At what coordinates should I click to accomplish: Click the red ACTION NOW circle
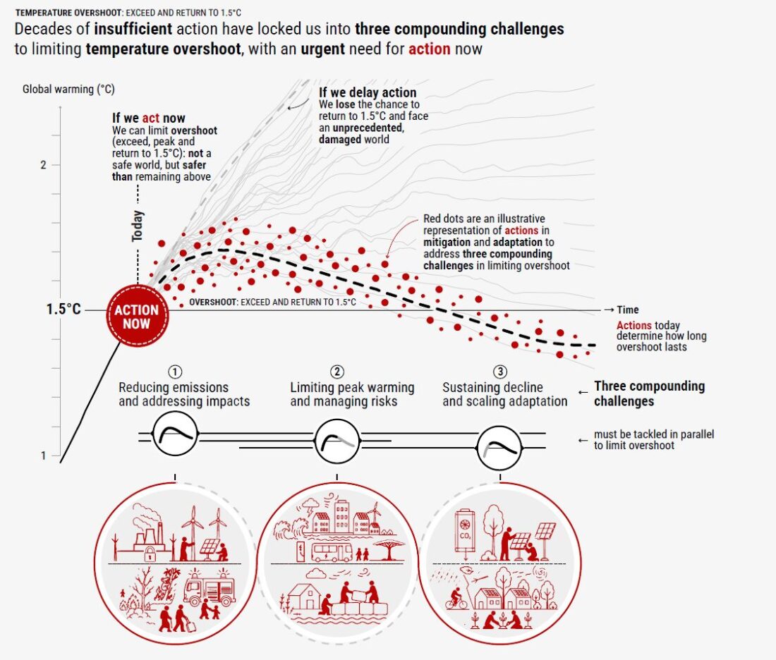pyautogui.click(x=137, y=316)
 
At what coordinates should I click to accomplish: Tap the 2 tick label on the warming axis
pyautogui.click(x=43, y=165)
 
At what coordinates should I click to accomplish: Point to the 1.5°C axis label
pyautogui.click(x=63, y=310)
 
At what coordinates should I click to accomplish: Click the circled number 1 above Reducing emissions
pyautogui.click(x=175, y=372)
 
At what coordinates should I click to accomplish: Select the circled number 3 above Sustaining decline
pyautogui.click(x=500, y=372)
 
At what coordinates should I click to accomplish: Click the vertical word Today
pyautogui.click(x=137, y=226)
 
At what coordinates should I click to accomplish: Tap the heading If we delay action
pyautogui.click(x=368, y=92)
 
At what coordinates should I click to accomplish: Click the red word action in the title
pyautogui.click(x=429, y=49)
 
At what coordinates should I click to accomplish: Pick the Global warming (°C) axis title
pyautogui.click(x=68, y=89)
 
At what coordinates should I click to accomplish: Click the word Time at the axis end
pyautogui.click(x=628, y=310)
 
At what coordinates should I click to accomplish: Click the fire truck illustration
pyautogui.click(x=210, y=588)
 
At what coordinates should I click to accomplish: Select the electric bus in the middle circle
pyautogui.click(x=332, y=551)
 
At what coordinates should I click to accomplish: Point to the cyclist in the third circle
pyautogui.click(x=456, y=599)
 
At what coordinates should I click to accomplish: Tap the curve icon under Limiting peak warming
pyautogui.click(x=337, y=441)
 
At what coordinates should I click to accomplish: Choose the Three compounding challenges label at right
pyautogui.click(x=649, y=393)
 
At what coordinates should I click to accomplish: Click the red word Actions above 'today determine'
pyautogui.click(x=634, y=325)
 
